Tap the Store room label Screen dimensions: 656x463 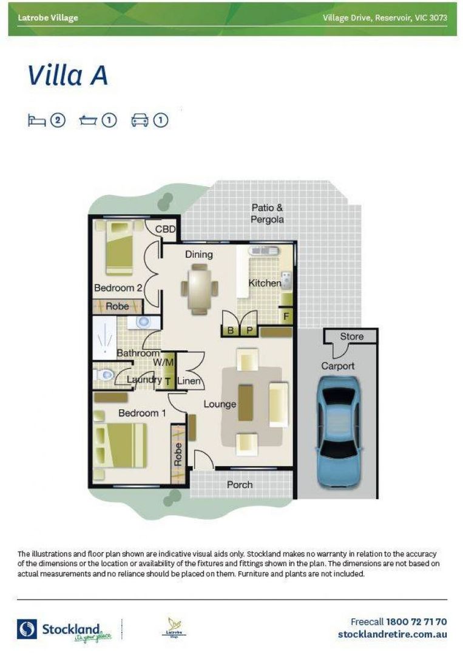(x=351, y=336)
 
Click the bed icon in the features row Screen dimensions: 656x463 (x=36, y=120)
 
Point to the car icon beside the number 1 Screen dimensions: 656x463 (x=140, y=120)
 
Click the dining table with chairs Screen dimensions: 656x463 (x=199, y=290)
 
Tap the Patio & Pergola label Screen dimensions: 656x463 (x=268, y=214)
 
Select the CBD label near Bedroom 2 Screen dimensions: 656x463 (x=165, y=230)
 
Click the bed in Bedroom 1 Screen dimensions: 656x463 (x=121, y=445)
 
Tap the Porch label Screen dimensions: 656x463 (x=239, y=484)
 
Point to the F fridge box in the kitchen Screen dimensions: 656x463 (x=286, y=316)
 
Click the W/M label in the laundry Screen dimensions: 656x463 (x=163, y=362)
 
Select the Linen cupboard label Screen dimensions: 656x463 (x=189, y=381)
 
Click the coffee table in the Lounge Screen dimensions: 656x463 (x=245, y=402)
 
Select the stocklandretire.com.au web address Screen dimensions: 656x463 (x=392, y=634)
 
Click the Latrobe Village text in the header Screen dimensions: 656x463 (x=48, y=18)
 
